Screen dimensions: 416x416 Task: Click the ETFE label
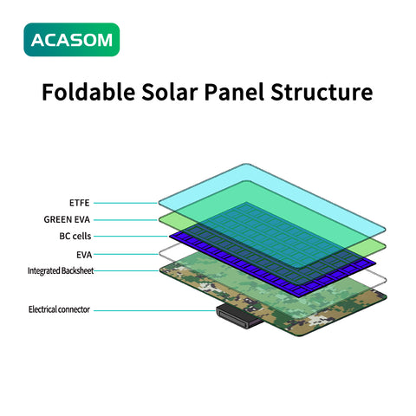point(79,202)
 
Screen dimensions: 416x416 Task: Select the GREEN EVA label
point(67,219)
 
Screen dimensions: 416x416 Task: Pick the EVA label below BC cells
point(82,255)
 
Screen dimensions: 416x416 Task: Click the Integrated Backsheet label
point(60,271)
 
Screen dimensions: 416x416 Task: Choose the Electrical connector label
point(59,309)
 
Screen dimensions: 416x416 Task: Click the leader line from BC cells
point(130,237)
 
